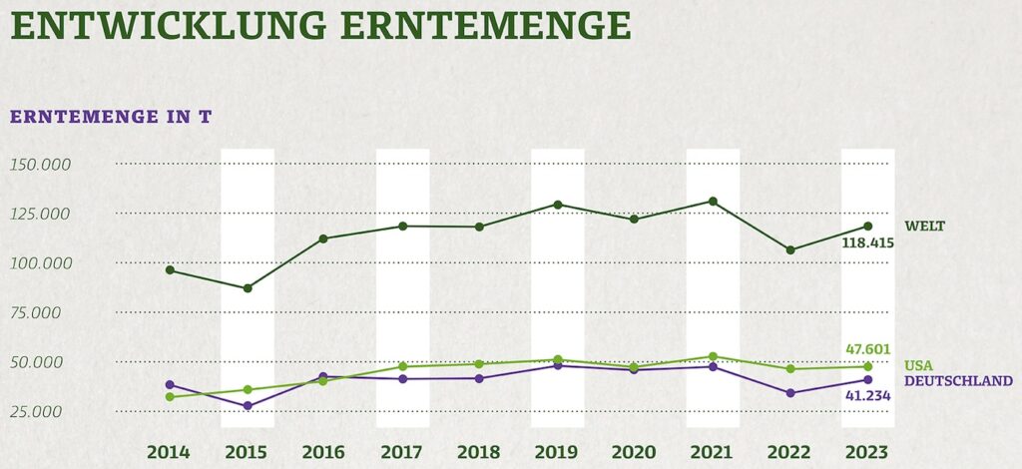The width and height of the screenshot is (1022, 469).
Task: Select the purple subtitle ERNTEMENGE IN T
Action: [110, 117]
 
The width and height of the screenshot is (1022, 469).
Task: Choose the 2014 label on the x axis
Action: [170, 451]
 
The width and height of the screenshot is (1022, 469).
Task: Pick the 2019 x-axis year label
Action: [557, 451]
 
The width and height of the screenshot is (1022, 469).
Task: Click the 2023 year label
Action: [867, 451]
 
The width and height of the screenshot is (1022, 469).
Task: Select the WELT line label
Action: [924, 227]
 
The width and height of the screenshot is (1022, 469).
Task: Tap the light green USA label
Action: [918, 365]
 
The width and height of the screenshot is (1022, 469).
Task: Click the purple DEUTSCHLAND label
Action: [958, 380]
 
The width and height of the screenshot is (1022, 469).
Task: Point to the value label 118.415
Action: [867, 242]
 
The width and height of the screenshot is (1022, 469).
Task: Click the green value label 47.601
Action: [868, 349]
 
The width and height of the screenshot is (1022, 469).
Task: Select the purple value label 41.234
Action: [866, 396]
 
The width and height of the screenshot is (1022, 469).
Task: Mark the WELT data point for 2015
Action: [248, 288]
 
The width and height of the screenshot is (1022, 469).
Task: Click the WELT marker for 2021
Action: [713, 202]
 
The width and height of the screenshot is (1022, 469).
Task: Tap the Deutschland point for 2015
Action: [248, 406]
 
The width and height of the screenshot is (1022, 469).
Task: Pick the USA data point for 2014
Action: [170, 397]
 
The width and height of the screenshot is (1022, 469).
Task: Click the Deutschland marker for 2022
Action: [790, 393]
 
